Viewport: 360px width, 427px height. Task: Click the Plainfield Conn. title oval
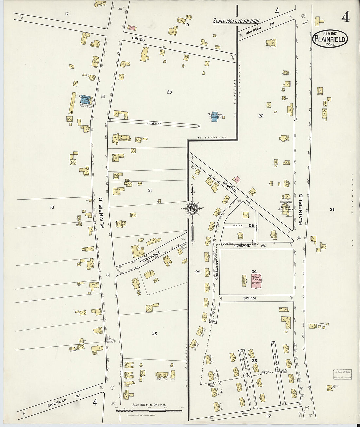click(330, 39)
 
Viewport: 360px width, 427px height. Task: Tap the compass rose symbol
click(193, 208)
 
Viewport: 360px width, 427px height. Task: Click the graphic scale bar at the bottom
click(149, 410)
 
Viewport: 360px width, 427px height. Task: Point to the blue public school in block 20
click(215, 117)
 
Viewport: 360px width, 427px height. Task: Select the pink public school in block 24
click(256, 281)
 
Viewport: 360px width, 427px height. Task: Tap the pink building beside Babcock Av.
click(236, 179)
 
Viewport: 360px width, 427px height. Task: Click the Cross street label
click(138, 39)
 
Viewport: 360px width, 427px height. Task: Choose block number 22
click(261, 116)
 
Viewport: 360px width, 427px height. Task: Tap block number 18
click(51, 207)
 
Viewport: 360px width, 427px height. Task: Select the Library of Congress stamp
click(343, 374)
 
